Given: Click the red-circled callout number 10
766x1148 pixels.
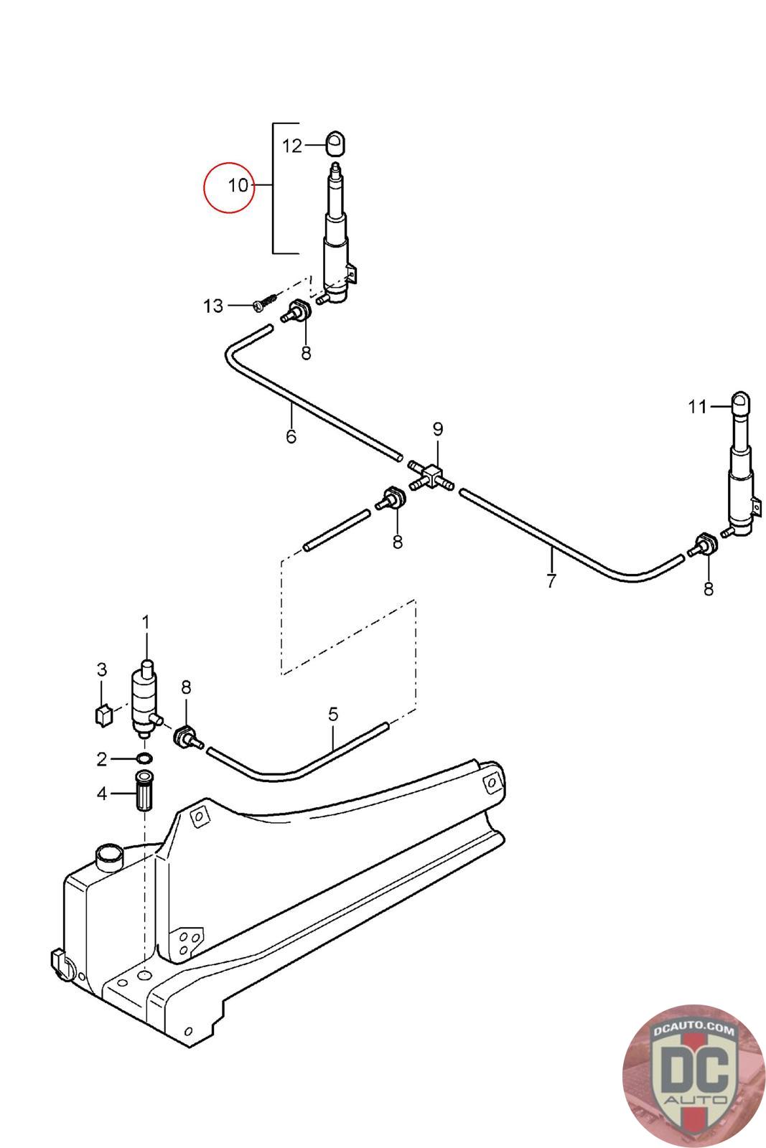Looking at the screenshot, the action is (238, 185).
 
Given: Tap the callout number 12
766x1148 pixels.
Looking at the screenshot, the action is (292, 146).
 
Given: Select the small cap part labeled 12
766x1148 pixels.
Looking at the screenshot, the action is (336, 143).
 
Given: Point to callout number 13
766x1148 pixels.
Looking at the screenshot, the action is (213, 306).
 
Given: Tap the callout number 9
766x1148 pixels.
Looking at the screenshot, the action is (437, 429).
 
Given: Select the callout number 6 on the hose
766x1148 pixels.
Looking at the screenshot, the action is (291, 436).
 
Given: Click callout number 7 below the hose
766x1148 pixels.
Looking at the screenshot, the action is (551, 580).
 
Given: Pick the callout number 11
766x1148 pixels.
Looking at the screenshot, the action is (697, 407).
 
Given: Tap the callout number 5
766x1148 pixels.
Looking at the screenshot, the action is (333, 714).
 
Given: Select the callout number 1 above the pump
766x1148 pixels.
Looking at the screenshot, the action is (146, 623).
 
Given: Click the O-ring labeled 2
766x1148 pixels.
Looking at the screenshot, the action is (144, 758).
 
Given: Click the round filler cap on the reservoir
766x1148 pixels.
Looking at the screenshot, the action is (108, 857).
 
